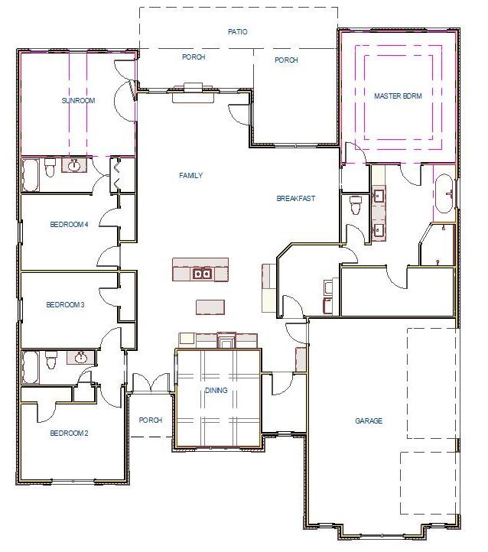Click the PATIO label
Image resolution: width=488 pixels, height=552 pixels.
click(x=237, y=32)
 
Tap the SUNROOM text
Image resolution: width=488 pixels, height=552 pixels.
click(x=77, y=101)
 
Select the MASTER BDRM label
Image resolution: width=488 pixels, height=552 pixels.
click(x=398, y=96)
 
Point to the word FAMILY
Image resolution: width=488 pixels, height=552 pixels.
click(x=190, y=176)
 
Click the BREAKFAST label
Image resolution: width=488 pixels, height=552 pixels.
click(x=296, y=199)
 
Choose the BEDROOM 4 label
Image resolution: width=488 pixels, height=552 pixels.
click(x=70, y=225)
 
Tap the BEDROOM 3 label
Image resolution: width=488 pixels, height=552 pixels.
click(x=65, y=305)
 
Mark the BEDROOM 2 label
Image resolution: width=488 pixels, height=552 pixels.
click(x=69, y=433)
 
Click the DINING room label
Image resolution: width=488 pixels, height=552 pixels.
click(x=216, y=391)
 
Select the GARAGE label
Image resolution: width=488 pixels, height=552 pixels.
click(x=369, y=421)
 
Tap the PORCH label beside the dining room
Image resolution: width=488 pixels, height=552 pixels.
click(x=151, y=420)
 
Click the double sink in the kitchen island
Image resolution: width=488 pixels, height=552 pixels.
click(x=202, y=273)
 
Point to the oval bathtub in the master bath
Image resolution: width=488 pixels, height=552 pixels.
click(x=444, y=192)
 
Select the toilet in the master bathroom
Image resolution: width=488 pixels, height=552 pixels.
click(x=355, y=205)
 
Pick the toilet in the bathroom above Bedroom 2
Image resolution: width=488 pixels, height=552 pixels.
click(x=51, y=359)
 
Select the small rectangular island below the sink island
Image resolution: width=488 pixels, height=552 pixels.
click(x=210, y=307)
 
